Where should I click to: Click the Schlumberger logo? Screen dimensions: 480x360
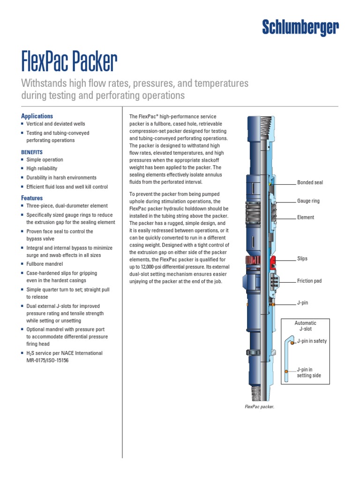(x=300, y=29)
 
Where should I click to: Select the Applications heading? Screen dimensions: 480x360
(x=37, y=116)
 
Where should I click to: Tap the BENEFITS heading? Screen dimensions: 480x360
(x=32, y=152)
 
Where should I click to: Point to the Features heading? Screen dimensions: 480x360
(x=32, y=198)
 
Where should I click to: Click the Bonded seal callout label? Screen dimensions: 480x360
(x=310, y=182)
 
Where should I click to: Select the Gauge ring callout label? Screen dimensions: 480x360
(x=308, y=201)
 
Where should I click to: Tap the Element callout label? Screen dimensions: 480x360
(x=305, y=217)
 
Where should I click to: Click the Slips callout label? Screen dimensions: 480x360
(x=302, y=259)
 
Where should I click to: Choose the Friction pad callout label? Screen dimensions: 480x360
(x=309, y=281)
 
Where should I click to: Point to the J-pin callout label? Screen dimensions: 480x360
(x=302, y=303)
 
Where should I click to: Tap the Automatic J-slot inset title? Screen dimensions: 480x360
(x=305, y=326)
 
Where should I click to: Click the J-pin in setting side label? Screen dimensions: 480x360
(x=309, y=373)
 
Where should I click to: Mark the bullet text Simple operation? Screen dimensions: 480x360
(x=45, y=160)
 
